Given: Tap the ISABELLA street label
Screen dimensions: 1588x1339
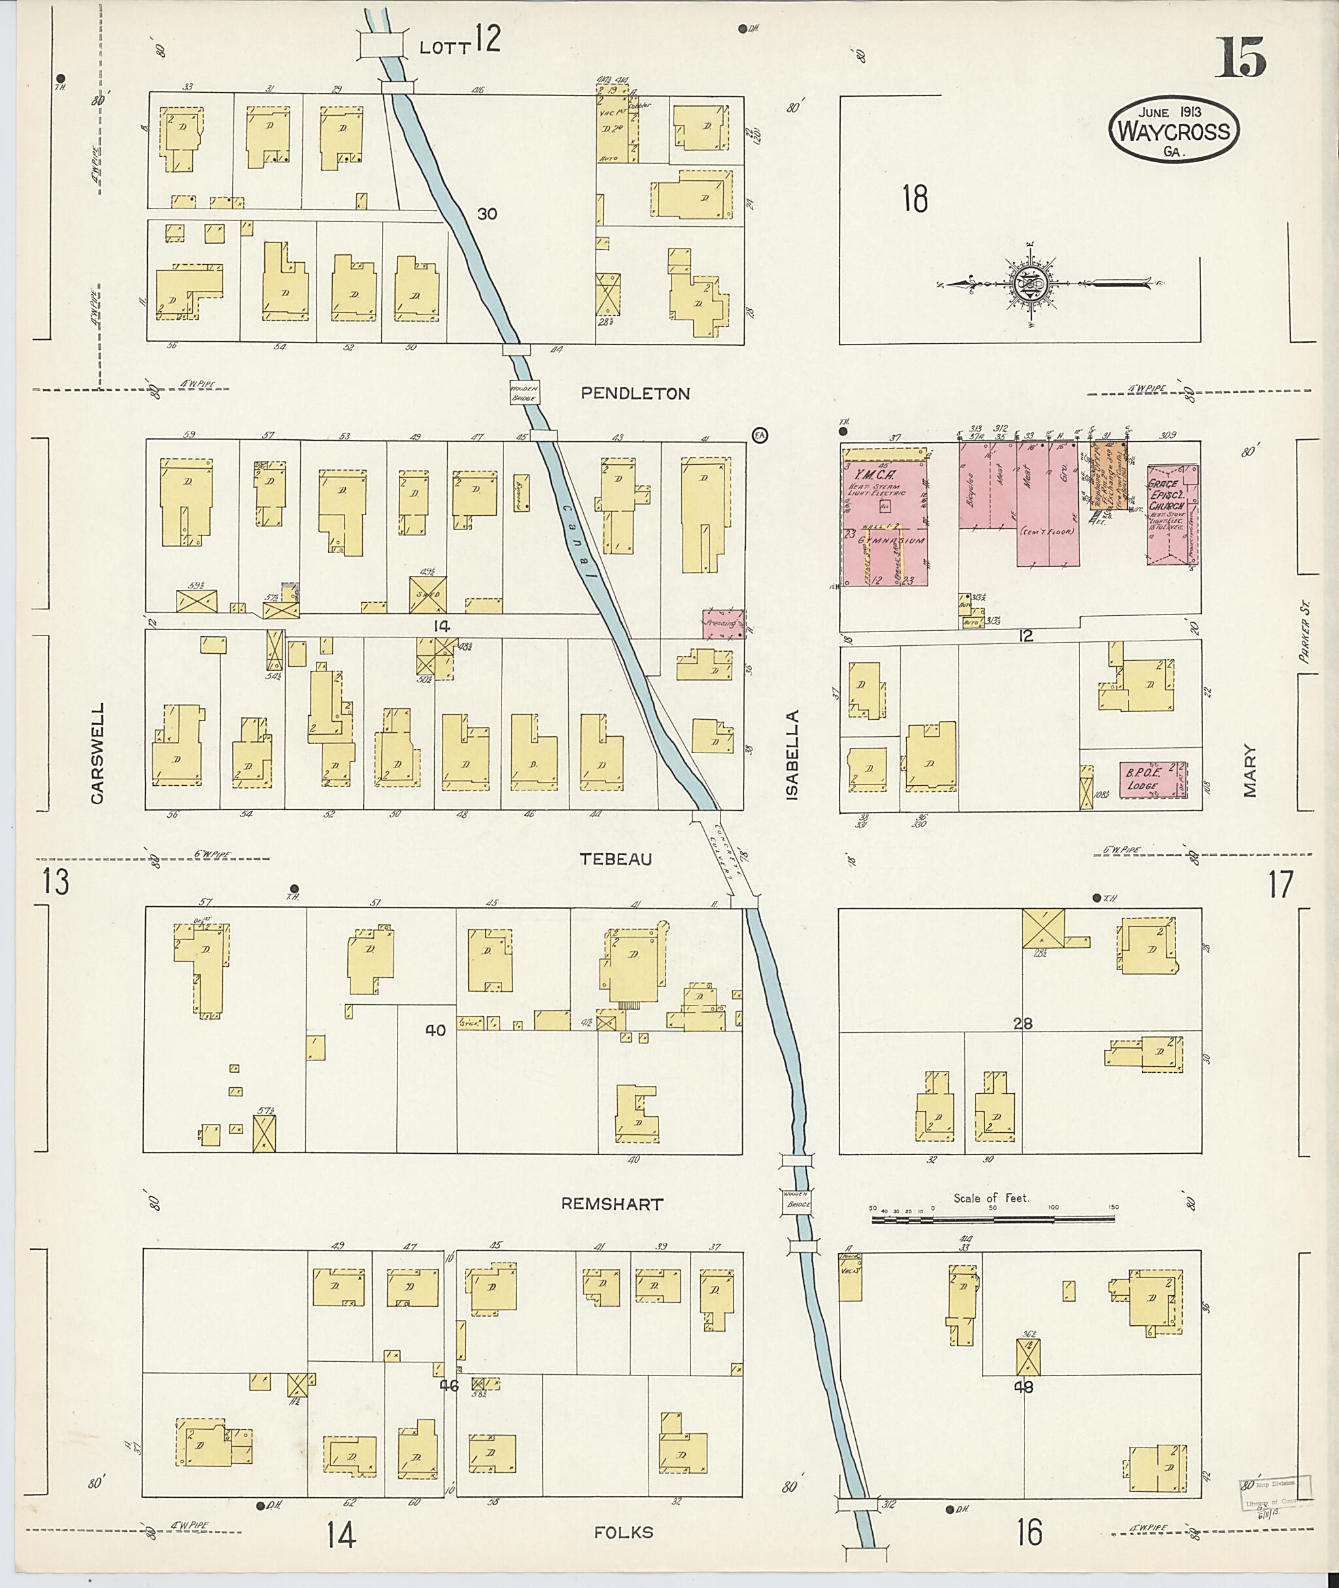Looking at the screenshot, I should [x=792, y=754].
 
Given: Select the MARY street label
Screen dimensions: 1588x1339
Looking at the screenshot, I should [x=1249, y=771].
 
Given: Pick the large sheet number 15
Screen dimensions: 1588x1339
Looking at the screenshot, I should [x=1240, y=58].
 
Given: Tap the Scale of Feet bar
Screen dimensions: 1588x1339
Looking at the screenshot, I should [x=993, y=1219].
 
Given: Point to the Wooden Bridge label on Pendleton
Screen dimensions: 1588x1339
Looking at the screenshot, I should [x=524, y=392].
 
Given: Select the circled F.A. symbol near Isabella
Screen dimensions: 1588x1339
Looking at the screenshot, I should [x=759, y=435].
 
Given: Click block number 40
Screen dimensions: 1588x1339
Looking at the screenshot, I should [x=435, y=1030].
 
